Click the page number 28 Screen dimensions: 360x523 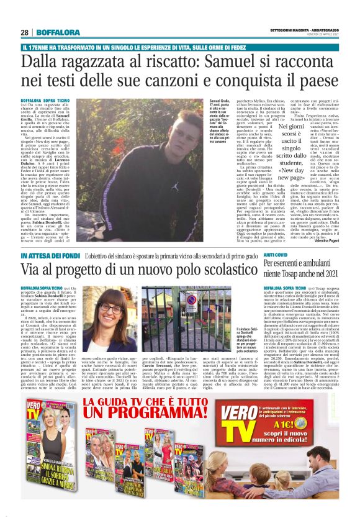pos(24,32)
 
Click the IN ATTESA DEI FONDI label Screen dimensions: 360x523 pos(42,256)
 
